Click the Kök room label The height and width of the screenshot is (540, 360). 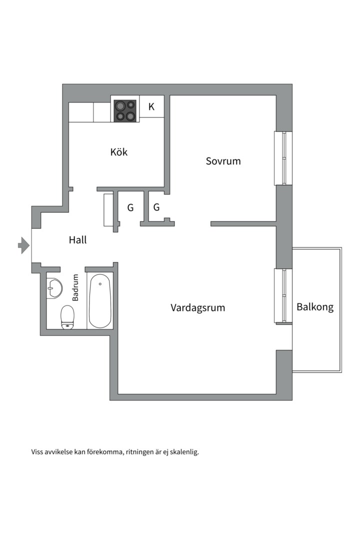tap(119, 151)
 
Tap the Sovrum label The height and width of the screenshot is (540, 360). tap(223, 161)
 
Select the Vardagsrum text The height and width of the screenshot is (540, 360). tap(197, 307)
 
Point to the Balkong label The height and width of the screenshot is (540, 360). tap(315, 307)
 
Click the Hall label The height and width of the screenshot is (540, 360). tap(77, 240)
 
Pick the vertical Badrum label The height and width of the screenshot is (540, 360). tap(76, 288)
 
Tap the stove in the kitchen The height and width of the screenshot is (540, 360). tap(125, 110)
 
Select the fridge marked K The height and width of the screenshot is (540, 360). tap(151, 106)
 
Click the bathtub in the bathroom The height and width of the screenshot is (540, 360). tap(100, 300)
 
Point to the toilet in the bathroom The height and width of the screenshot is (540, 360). tap(67, 317)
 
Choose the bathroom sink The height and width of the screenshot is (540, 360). tap(54, 286)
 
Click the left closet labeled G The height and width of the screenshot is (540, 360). tap(130, 207)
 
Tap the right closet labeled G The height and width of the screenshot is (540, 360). tap(156, 207)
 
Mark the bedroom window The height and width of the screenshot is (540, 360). tap(283, 158)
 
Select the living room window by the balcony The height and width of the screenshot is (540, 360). tap(283, 296)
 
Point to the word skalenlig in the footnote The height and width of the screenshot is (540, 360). tap(183, 452)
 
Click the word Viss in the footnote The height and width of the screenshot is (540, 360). tap(38, 452)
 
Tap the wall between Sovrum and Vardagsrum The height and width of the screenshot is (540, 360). tap(243, 223)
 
